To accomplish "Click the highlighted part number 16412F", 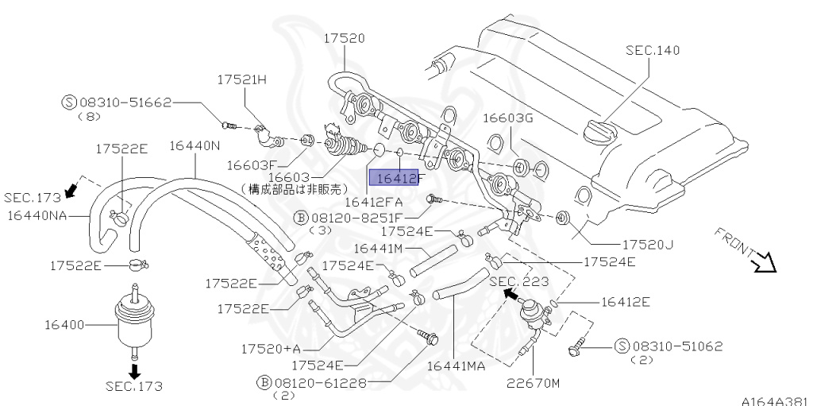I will point(397,179).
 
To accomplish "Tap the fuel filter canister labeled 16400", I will point(133,322).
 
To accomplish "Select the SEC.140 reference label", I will point(653,50).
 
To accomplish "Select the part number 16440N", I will point(195,145).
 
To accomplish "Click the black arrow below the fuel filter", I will point(134,369).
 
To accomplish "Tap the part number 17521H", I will point(243,79).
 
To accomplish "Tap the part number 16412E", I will point(626,301).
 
